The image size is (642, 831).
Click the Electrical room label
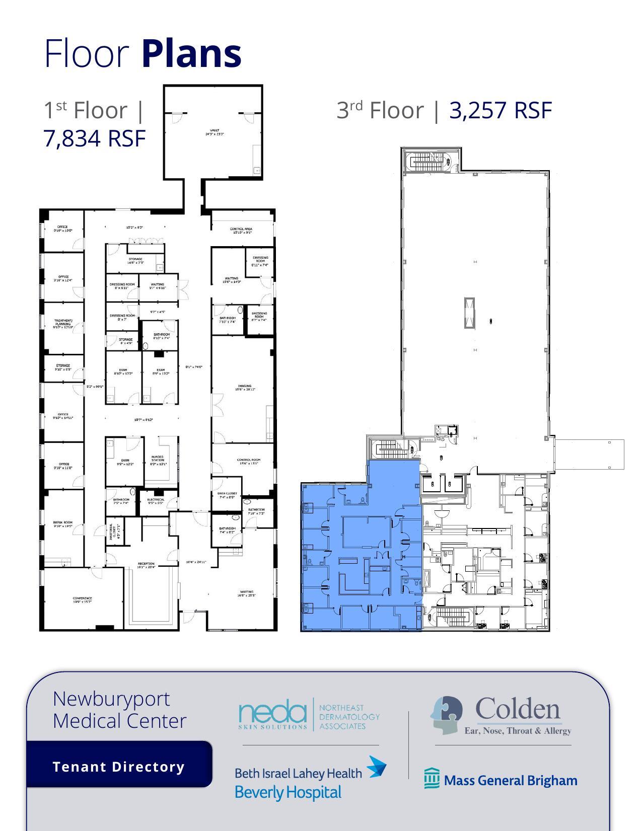pos(156,501)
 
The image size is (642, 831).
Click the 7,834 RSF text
pos(95,138)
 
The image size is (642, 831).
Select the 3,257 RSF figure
pos(501,110)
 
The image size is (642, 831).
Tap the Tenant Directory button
pos(119,767)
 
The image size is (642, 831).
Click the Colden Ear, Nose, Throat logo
pos(501,716)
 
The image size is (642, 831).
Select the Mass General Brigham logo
pos(501,780)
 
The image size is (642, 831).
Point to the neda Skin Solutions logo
pos(309,714)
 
